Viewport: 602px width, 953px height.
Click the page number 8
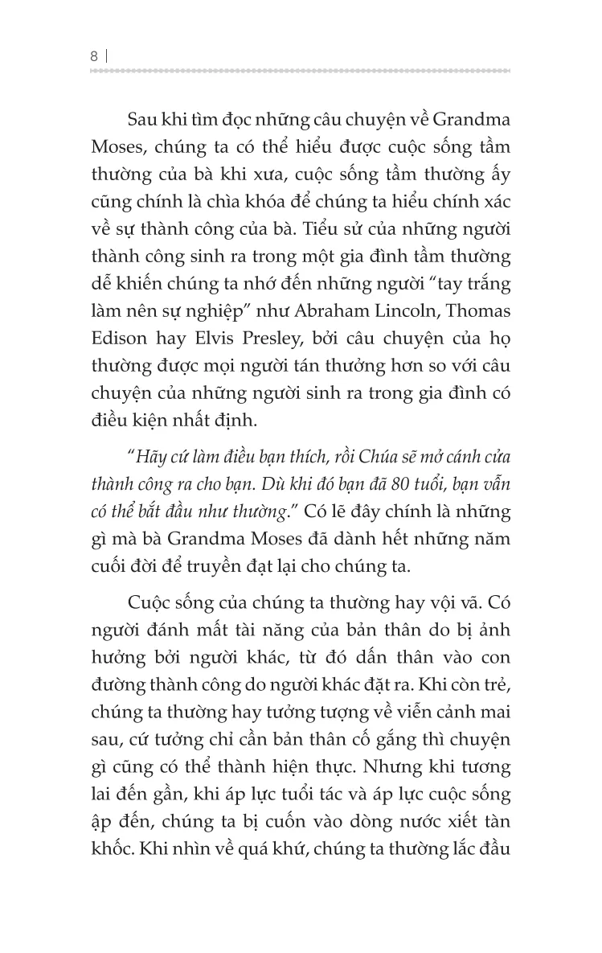pos(95,56)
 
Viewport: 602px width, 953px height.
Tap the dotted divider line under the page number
pos(301,72)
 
